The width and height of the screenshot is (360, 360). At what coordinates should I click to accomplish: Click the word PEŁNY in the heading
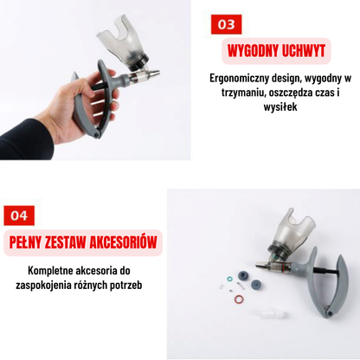point(28,241)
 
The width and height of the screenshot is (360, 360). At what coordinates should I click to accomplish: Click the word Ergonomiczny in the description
point(240,78)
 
